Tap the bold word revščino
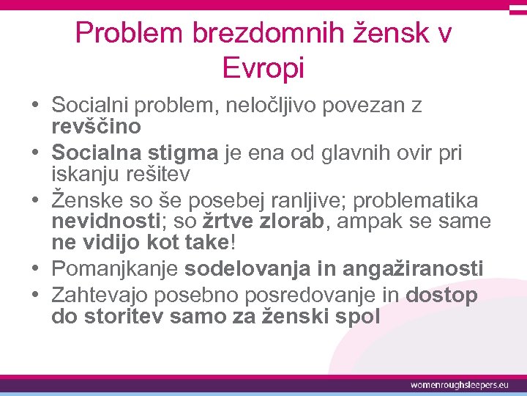[x=96, y=126]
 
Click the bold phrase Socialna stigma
[x=135, y=153]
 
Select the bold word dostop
[x=441, y=296]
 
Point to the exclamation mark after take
[x=233, y=242]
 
